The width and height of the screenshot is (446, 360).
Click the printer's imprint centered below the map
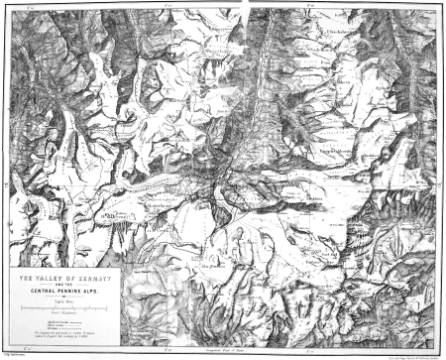222,352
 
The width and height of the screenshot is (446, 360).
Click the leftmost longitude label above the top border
29,4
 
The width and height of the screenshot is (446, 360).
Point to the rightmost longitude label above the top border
310,4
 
